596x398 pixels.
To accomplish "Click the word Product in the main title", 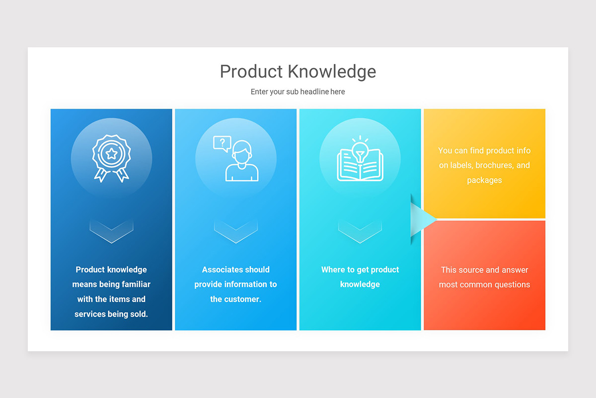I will pyautogui.click(x=252, y=72).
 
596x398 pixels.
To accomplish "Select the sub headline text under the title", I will pyautogui.click(x=298, y=92).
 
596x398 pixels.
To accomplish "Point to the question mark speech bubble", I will pyautogui.click(x=222, y=143).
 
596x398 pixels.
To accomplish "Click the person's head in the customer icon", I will pyautogui.click(x=242, y=152).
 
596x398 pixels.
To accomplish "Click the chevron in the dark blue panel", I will pyautogui.click(x=111, y=230).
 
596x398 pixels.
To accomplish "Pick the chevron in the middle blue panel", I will pyautogui.click(x=236, y=230).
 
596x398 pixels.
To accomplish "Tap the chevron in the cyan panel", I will pyautogui.click(x=360, y=230).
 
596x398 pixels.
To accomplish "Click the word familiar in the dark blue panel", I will pyautogui.click(x=134, y=285).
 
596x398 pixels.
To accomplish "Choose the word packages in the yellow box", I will pyautogui.click(x=484, y=180).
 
